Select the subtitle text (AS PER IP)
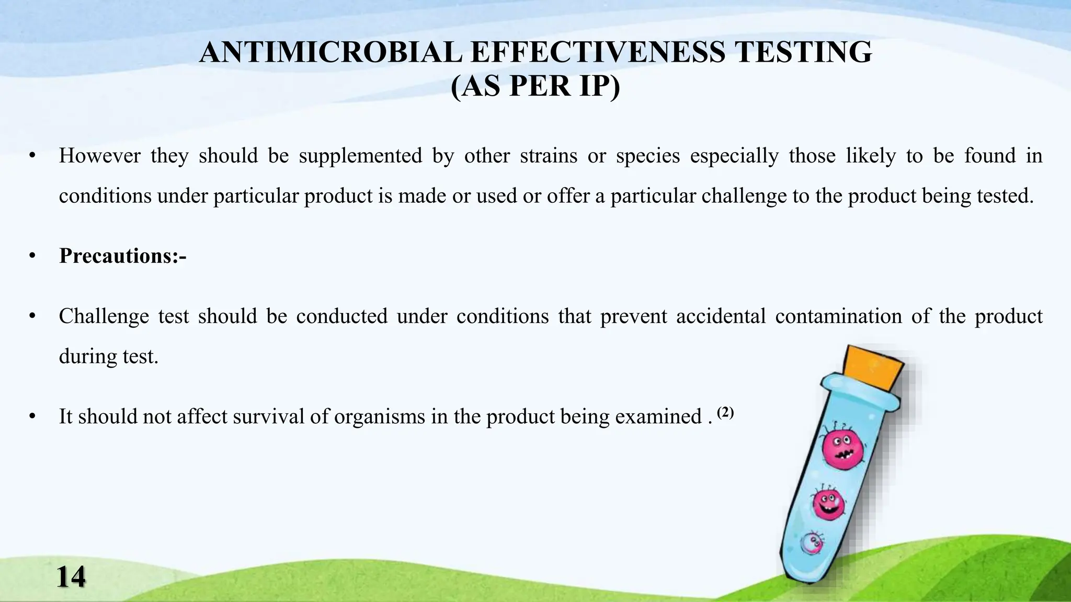(x=535, y=86)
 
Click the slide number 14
(x=70, y=577)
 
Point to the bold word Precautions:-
(x=123, y=256)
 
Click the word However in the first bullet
(x=99, y=156)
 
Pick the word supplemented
(x=360, y=156)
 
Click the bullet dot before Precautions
(x=32, y=256)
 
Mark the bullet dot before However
(x=32, y=156)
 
